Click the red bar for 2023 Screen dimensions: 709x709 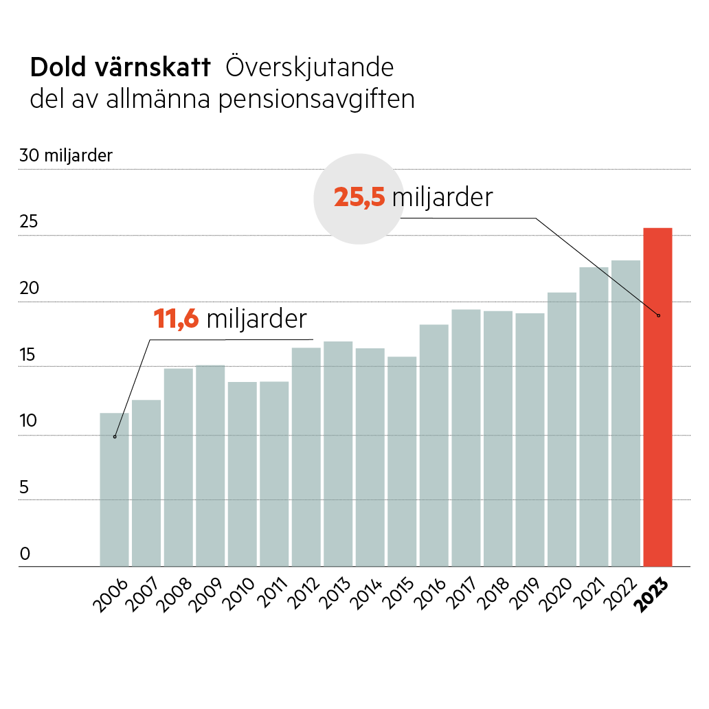tap(657, 397)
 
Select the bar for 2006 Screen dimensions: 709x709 tap(114, 489)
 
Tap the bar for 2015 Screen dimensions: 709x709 tap(401, 461)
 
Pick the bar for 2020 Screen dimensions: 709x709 tap(562, 429)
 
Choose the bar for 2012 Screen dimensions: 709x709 tap(306, 457)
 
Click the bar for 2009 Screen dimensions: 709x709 tap(210, 465)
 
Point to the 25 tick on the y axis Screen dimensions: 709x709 tap(30, 223)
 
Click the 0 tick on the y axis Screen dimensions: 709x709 tap(25, 554)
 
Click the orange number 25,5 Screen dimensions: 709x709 tap(359, 198)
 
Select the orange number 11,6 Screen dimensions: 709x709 tap(176, 319)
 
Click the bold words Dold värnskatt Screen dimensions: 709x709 tap(120, 67)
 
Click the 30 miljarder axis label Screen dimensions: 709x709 tap(66, 156)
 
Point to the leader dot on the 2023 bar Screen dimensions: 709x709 tap(658, 315)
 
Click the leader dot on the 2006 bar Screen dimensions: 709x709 tap(115, 436)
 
